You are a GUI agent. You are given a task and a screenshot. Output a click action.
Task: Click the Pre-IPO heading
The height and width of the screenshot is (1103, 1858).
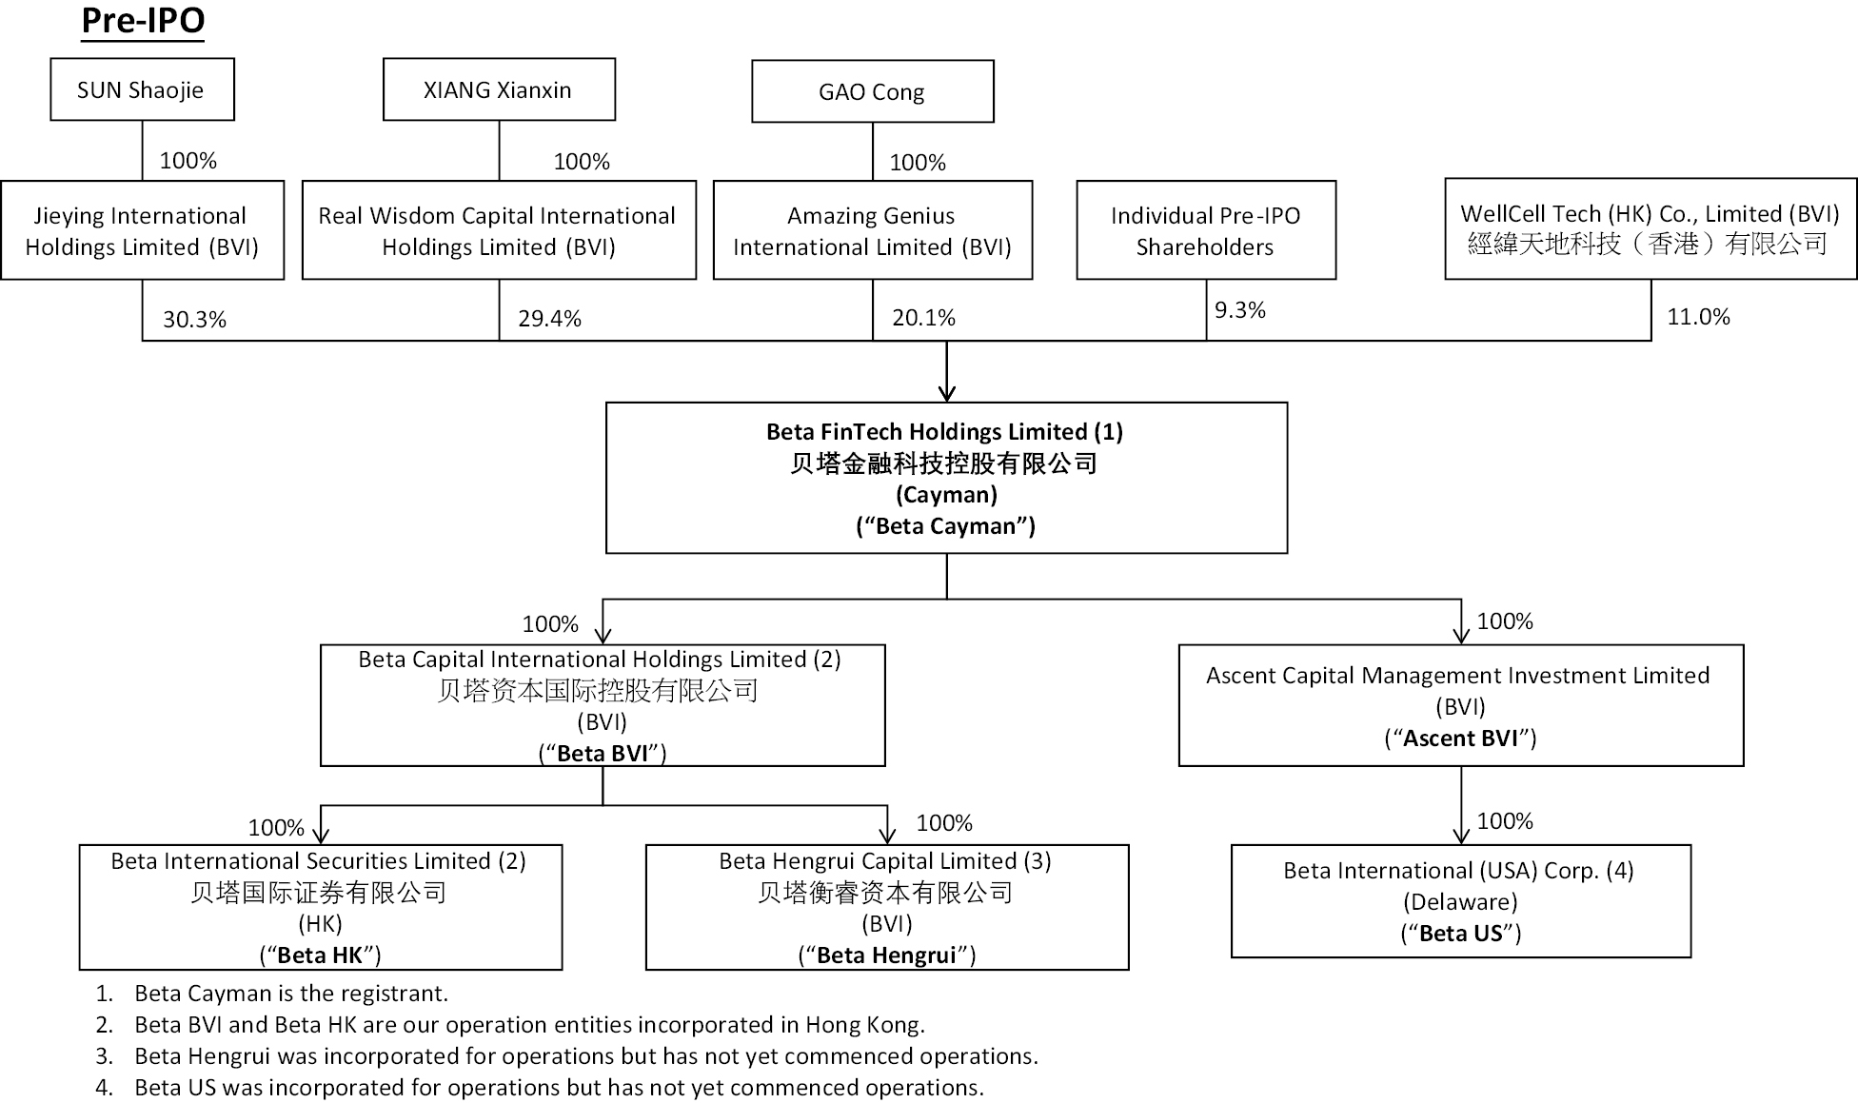[x=143, y=21]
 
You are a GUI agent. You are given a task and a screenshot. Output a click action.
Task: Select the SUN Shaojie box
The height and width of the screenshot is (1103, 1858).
[x=142, y=89]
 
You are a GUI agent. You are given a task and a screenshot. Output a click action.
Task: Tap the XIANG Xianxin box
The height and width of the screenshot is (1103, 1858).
[x=499, y=89]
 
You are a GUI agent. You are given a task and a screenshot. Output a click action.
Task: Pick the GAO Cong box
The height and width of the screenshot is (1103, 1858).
[x=872, y=91]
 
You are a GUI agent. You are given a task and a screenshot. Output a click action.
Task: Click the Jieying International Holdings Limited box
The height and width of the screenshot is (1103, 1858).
[x=142, y=230]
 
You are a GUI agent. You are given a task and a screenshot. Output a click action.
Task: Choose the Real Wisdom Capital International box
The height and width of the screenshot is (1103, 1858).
[x=499, y=230]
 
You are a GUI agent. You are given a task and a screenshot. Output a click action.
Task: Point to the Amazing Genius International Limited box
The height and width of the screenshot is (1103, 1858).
[x=872, y=230]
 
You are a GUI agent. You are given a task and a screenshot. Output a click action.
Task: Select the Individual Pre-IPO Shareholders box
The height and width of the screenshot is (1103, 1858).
[x=1206, y=230]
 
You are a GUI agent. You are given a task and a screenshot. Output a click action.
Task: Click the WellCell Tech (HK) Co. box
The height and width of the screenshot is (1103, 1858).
[x=1650, y=228]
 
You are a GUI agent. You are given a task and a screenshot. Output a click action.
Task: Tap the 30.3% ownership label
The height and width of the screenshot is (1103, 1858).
[x=194, y=320]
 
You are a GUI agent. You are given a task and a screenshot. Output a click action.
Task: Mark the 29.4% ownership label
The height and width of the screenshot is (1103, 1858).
[x=549, y=319]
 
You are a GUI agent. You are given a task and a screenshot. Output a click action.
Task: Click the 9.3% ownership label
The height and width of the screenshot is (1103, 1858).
[x=1239, y=310]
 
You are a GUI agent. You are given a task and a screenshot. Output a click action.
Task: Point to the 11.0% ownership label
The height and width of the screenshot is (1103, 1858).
[x=1698, y=317]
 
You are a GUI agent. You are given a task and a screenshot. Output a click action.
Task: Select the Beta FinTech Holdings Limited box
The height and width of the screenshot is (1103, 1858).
[x=946, y=478]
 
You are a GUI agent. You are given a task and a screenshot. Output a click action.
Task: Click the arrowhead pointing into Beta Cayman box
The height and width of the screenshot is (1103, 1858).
[x=946, y=393]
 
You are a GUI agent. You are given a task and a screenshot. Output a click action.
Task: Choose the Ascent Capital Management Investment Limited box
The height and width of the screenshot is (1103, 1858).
[x=1461, y=705]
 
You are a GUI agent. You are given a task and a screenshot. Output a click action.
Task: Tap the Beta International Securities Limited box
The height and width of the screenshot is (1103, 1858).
[x=321, y=907]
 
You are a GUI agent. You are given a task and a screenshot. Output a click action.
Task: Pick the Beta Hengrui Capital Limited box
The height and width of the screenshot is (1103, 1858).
[x=887, y=907]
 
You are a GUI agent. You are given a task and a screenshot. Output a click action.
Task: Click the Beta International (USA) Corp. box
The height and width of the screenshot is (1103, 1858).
[x=1461, y=901]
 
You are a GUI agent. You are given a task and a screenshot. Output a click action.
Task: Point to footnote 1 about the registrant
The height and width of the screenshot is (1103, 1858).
[x=271, y=994]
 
